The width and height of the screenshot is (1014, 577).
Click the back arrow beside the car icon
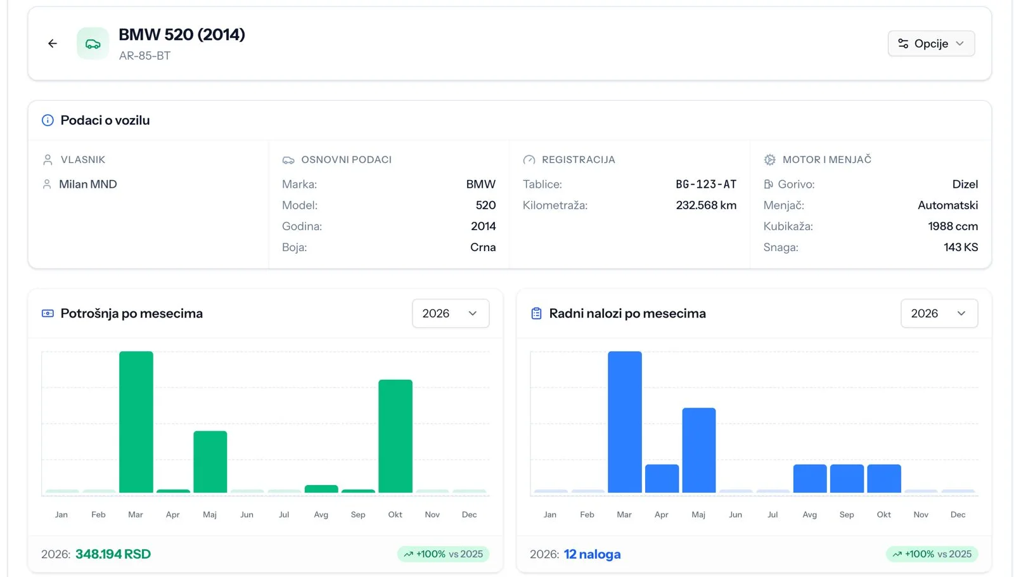(53, 44)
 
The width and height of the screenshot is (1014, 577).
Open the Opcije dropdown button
(931, 44)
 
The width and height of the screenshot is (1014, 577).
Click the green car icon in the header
(93, 44)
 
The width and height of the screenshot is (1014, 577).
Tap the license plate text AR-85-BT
(145, 56)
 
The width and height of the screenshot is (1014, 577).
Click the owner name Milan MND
(88, 185)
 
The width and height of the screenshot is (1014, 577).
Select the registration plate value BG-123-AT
(706, 185)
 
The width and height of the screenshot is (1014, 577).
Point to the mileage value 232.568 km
(706, 205)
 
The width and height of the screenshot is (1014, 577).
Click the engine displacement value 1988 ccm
(953, 226)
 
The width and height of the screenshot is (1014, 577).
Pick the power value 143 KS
(961, 247)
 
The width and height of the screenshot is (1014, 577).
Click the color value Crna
(483, 247)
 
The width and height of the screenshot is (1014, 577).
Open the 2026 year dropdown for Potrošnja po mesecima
(451, 313)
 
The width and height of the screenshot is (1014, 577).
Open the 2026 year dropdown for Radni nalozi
(939, 313)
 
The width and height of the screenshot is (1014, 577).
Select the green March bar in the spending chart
(136, 422)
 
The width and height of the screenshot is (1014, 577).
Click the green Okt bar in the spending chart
(395, 436)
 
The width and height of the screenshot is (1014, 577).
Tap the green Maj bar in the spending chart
(210, 462)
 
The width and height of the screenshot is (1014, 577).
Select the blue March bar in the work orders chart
(625, 422)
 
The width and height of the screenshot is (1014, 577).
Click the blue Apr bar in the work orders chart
(662, 478)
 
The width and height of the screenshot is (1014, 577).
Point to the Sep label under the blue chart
(847, 514)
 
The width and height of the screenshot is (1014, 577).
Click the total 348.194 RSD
(113, 554)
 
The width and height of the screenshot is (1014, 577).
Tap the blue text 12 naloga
(592, 554)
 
